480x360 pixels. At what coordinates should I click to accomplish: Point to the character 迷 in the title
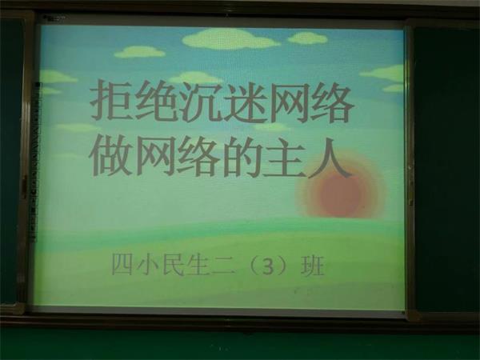(242, 101)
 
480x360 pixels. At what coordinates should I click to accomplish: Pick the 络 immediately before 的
(198, 156)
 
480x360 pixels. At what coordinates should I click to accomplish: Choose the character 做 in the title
(111, 156)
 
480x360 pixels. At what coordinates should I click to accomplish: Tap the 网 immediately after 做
(155, 156)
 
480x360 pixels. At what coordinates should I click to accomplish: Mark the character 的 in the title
(242, 156)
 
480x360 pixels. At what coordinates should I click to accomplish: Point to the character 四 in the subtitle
(122, 265)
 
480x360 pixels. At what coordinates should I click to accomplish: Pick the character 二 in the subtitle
(223, 265)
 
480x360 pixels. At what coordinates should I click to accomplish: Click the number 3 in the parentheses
(268, 266)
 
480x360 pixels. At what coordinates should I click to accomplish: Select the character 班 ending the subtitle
(313, 265)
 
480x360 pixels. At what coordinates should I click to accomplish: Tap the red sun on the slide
(342, 194)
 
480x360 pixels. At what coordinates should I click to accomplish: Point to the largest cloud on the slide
(231, 39)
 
